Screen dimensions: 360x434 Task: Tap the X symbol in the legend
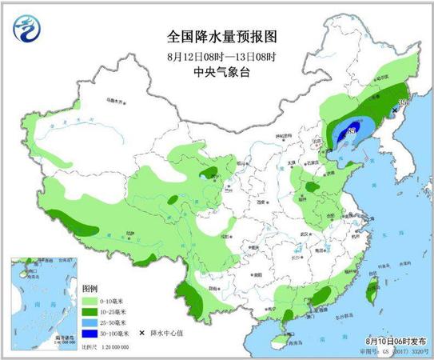point(142,332)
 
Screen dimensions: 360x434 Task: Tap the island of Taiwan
point(369,290)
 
